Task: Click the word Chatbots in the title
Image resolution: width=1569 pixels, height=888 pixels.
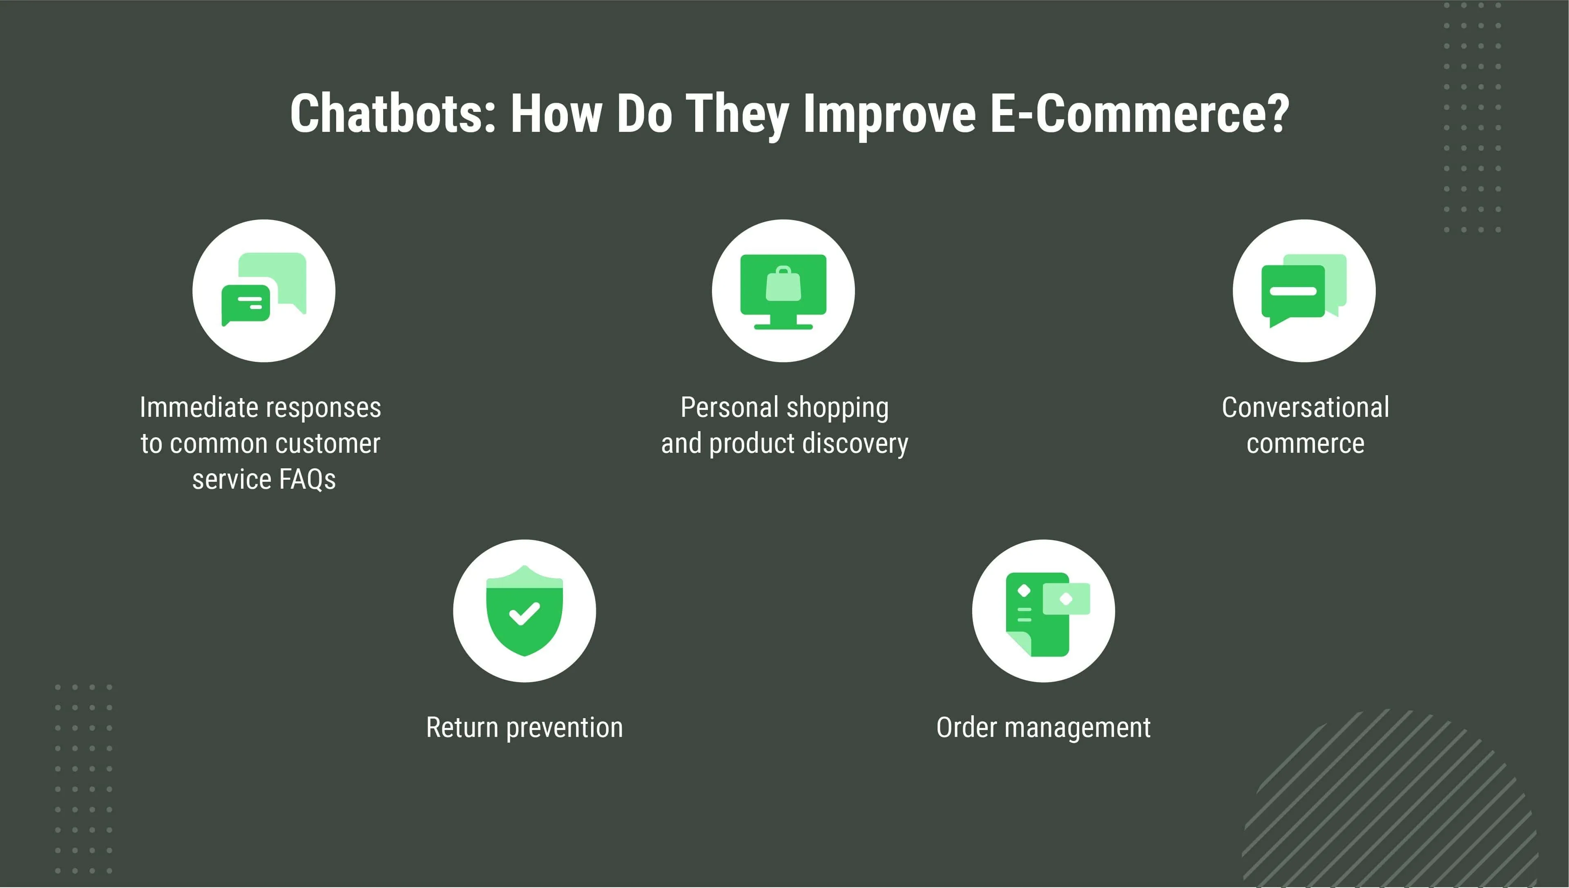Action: coord(393,114)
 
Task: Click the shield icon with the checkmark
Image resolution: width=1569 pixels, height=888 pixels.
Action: coord(524,610)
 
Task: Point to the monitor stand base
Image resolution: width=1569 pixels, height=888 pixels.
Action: coord(783,326)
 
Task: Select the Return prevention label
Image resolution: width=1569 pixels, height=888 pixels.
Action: coord(524,728)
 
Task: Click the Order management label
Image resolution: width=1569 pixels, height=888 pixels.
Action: coord(1043,728)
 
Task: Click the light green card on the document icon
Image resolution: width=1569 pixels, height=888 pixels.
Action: coord(1066,598)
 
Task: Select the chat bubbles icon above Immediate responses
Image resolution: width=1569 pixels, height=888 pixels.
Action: coord(263,289)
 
